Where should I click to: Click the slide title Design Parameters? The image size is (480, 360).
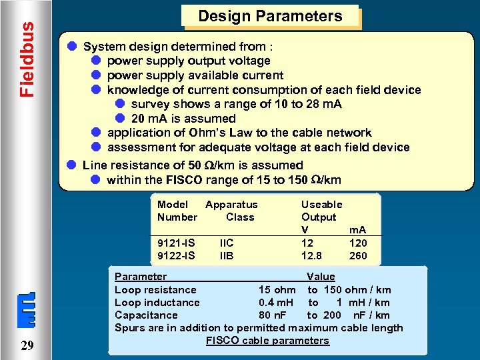click(x=270, y=17)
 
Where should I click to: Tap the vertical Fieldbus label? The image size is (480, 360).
click(x=26, y=59)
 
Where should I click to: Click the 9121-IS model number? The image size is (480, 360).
click(x=176, y=243)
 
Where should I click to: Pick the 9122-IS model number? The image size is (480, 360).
click(x=176, y=255)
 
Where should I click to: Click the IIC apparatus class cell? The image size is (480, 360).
click(x=227, y=243)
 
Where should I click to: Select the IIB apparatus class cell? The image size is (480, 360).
click(x=227, y=255)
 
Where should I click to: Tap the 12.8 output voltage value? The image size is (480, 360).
click(x=311, y=255)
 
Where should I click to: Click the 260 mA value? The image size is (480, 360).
click(x=358, y=255)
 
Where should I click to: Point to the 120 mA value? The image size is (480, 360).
click(x=358, y=243)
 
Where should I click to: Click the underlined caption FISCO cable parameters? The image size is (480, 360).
click(x=267, y=341)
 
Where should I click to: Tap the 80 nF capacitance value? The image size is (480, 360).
click(x=273, y=315)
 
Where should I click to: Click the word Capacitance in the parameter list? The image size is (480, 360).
click(x=146, y=315)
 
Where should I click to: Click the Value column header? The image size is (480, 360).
click(x=321, y=276)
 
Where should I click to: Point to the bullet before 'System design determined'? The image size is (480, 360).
click(x=71, y=47)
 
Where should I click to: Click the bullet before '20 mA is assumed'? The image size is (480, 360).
click(x=120, y=118)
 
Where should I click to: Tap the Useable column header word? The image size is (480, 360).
click(x=321, y=205)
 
